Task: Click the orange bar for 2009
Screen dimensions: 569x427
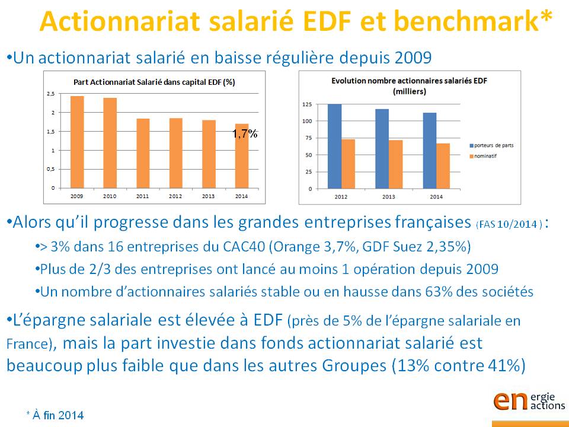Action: (x=77, y=142)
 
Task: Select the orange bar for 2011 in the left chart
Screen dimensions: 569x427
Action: (x=143, y=153)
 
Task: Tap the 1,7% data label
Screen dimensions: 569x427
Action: (x=245, y=134)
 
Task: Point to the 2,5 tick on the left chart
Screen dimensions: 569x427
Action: (x=51, y=94)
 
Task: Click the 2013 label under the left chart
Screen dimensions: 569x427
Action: (x=208, y=196)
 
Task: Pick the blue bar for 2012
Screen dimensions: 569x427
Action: (x=334, y=146)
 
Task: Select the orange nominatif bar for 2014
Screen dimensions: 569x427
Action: (x=443, y=166)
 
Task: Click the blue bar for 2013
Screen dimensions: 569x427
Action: (x=382, y=149)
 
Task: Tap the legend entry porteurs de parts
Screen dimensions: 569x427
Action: (x=492, y=146)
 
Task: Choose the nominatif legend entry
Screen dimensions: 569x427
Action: (x=483, y=156)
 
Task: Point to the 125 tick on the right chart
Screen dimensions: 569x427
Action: (x=307, y=104)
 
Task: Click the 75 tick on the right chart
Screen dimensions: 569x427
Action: (x=308, y=138)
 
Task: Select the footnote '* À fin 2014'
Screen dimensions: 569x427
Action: (x=55, y=415)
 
